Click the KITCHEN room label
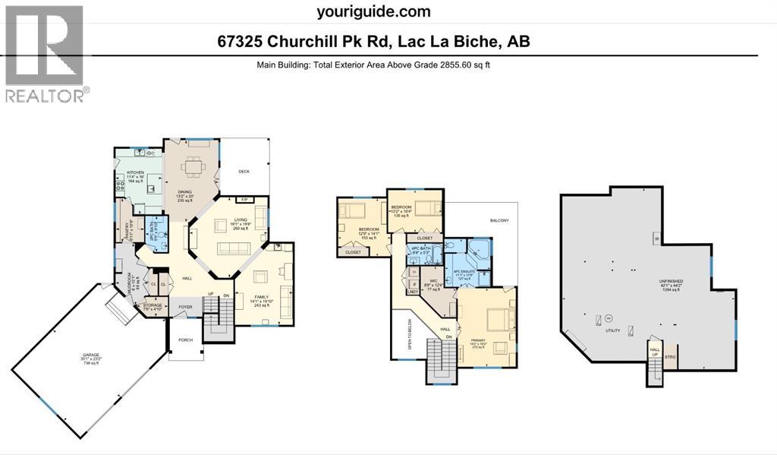tap(124, 172)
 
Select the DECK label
tap(244, 171)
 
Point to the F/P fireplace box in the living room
tap(244, 201)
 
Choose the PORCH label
tap(185, 340)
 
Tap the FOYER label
tap(185, 307)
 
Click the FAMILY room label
tap(257, 302)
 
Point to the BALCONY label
tap(499, 220)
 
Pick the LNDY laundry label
tap(414, 292)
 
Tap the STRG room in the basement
tap(669, 355)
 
